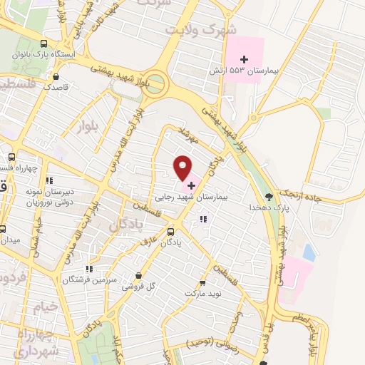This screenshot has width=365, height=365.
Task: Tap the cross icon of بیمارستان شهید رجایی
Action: click(191, 184)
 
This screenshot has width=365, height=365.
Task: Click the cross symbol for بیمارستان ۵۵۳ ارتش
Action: click(245, 58)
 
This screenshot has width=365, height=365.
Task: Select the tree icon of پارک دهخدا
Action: click(269, 197)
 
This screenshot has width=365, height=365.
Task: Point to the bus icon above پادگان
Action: click(170, 232)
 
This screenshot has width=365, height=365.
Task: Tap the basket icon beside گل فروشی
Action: click(138, 276)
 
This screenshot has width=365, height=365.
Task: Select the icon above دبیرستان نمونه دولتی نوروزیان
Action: click(48, 180)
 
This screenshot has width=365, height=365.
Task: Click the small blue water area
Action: click(309, 252)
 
